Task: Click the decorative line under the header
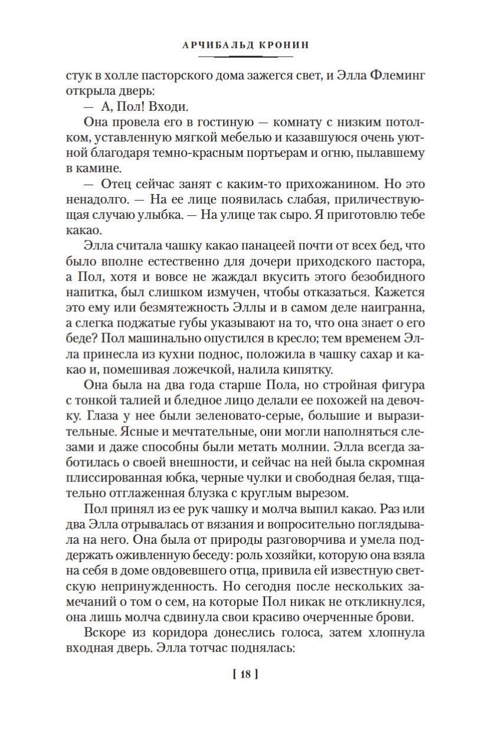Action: click(x=245, y=57)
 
